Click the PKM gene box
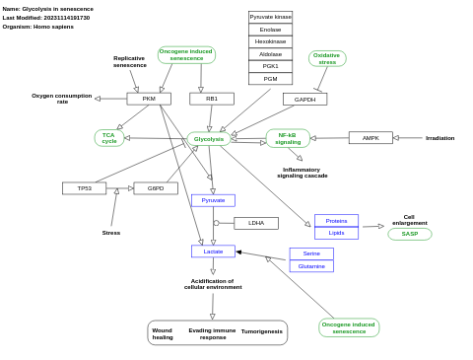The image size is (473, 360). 149,99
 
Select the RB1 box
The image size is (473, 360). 212,99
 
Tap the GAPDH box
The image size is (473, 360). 304,100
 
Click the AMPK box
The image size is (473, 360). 371,138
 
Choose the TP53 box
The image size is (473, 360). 84,188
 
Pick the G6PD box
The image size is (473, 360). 156,188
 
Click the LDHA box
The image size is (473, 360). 256,223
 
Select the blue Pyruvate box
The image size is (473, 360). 213,200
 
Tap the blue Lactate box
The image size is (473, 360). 213,252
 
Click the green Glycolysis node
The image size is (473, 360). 209,139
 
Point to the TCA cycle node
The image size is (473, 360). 109,138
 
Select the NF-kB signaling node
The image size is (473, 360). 288,138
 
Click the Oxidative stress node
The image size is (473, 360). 327,59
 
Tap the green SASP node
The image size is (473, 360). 409,234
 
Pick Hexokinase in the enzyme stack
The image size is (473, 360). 270,41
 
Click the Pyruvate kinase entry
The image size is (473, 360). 270,17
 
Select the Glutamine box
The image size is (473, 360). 311,266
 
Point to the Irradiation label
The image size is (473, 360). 439,138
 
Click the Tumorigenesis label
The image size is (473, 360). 262,331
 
